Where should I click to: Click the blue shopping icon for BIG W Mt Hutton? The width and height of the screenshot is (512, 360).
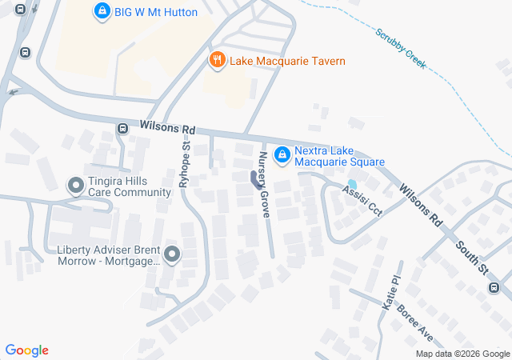[x=102, y=11]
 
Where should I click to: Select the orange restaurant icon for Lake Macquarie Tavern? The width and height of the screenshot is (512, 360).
[x=216, y=60]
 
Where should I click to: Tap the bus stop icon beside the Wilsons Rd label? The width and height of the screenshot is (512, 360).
[x=122, y=128]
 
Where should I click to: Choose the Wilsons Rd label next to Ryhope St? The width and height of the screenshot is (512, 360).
[x=167, y=128]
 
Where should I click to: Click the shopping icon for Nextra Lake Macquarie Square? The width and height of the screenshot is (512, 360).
[x=282, y=154]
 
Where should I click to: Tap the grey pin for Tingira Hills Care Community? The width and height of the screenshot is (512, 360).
[x=76, y=186]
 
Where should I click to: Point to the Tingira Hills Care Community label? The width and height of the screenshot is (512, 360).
[x=130, y=186]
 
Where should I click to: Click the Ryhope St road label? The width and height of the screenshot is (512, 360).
[x=185, y=164]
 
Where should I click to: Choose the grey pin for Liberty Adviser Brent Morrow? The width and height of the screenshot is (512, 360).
[x=172, y=255]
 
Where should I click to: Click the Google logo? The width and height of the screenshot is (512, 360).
[x=26, y=350]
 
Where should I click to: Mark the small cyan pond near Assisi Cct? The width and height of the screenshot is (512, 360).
[x=352, y=184]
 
